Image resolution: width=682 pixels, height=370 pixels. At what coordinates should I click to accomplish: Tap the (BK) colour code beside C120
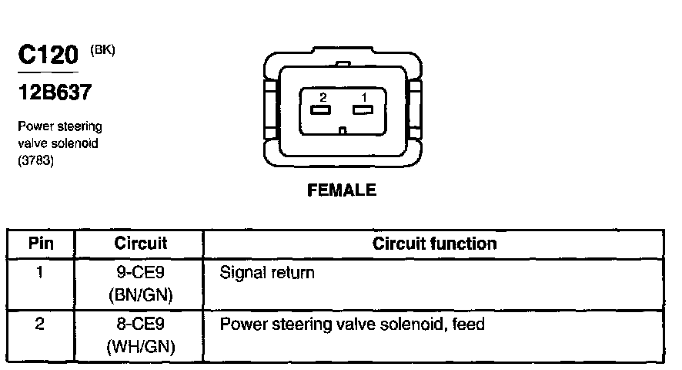(x=102, y=50)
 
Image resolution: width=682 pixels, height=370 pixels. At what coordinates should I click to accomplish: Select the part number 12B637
(x=55, y=93)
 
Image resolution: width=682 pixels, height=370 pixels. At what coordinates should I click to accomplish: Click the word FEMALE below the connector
(x=342, y=190)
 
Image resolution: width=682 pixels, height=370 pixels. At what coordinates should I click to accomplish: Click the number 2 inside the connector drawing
(x=323, y=96)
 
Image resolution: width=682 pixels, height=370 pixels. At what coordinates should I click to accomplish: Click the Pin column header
(x=40, y=244)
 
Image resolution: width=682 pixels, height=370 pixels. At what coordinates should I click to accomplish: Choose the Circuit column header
(x=140, y=244)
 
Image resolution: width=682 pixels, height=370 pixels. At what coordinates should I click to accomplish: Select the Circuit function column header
(x=434, y=244)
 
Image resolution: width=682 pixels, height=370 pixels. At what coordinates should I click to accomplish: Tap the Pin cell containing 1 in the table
(x=40, y=273)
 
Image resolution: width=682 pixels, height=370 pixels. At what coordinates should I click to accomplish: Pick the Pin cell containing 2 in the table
(x=40, y=325)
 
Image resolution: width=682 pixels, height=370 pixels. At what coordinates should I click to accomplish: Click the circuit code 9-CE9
(x=140, y=273)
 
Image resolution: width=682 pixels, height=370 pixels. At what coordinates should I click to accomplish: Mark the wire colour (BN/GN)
(x=140, y=295)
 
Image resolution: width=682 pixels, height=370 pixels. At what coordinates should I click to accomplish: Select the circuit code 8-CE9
(x=140, y=325)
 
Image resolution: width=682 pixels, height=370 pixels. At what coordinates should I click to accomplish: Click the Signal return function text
(x=267, y=273)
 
